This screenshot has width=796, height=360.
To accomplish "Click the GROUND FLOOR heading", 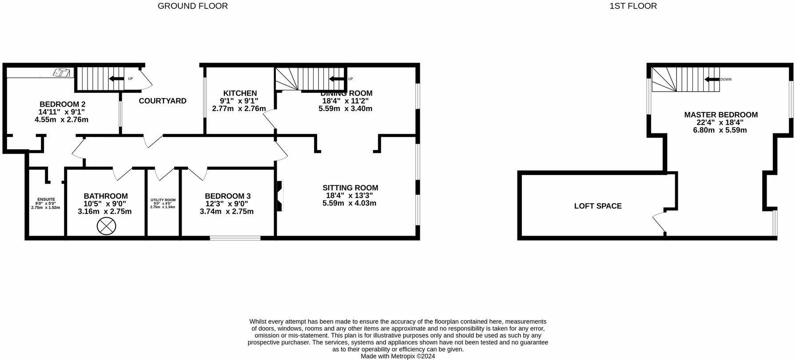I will tap(193, 6).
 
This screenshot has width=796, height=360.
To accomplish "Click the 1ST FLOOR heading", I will tap(633, 6).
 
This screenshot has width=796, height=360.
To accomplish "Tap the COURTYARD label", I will tap(163, 101).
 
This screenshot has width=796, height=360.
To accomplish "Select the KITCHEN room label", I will tap(240, 93).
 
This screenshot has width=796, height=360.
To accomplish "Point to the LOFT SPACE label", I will tap(597, 206).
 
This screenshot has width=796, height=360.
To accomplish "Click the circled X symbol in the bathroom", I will tap(106, 227).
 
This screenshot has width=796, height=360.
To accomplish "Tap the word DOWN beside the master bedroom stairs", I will tap(726, 80).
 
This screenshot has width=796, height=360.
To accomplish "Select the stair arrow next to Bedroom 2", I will tap(117, 79).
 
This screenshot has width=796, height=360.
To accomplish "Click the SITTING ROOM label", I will tap(350, 188).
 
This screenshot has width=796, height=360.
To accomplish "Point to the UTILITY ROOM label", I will tap(163, 200).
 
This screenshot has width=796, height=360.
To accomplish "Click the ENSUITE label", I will tap(46, 199).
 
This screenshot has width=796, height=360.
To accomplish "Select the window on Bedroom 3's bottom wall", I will tap(235, 238).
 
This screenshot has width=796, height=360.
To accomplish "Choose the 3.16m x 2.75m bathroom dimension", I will tap(104, 212).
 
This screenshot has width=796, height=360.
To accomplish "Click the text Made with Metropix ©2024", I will tap(398, 356).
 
